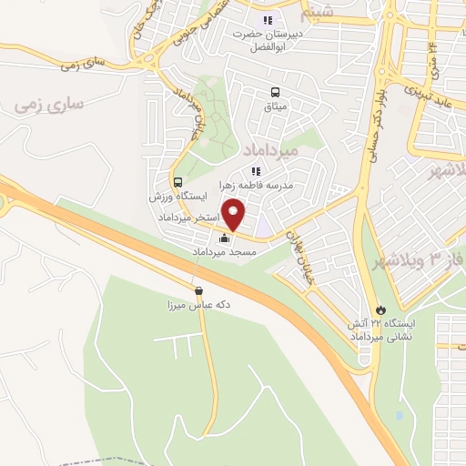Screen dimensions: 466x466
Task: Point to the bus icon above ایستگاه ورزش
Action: pos(177,182)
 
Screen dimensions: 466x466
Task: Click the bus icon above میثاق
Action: pos(275,92)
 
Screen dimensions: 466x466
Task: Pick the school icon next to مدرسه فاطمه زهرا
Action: pos(256,170)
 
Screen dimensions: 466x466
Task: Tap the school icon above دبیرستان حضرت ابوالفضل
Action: pos(267,20)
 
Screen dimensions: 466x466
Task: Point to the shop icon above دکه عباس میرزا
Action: pos(198,291)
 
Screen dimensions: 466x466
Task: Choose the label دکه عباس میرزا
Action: pos(198,306)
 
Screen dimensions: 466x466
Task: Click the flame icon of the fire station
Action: pos(380,309)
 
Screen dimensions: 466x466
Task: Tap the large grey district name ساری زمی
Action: pos(49,104)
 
